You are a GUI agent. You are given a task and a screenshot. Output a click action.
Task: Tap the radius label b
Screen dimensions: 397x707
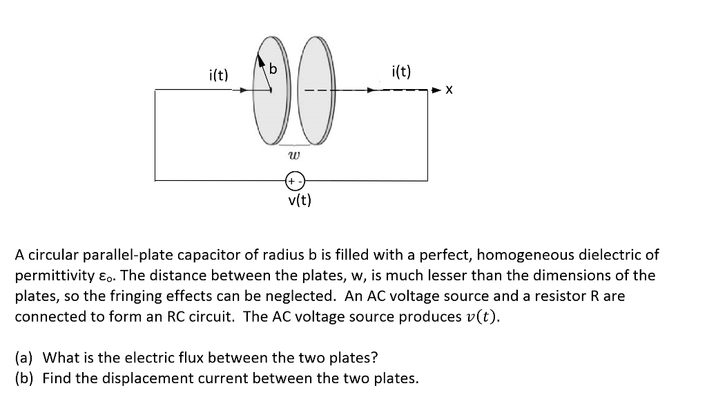coord(273,69)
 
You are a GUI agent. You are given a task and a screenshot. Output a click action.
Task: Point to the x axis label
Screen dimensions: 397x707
coord(449,90)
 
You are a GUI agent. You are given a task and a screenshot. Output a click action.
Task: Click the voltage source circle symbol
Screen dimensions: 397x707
coord(293,181)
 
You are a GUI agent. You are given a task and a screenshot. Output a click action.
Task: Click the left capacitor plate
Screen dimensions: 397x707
coord(269,104)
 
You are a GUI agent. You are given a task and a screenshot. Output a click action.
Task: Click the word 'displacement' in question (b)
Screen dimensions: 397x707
coord(141,378)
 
